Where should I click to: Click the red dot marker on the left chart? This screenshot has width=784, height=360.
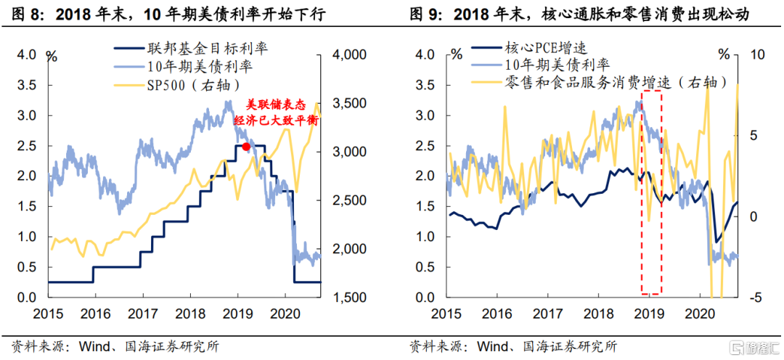click(246, 147)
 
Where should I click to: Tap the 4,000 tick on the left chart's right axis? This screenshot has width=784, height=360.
click(346, 54)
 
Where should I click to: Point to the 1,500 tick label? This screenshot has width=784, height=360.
click(346, 298)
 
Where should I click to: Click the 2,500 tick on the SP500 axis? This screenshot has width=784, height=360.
click(346, 200)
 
